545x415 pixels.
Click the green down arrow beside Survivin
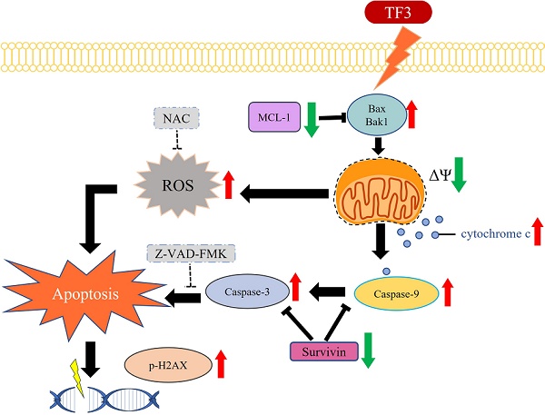click(x=367, y=351)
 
